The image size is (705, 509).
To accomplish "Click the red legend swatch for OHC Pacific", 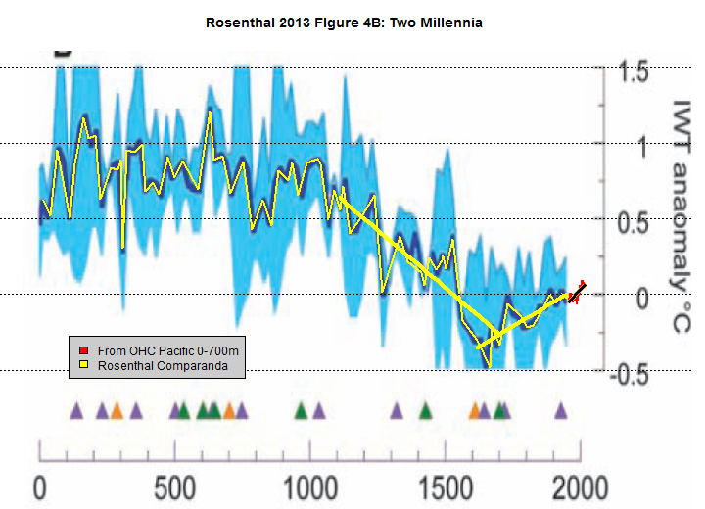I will (x=85, y=349).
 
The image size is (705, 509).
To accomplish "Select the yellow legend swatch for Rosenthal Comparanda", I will (x=85, y=366).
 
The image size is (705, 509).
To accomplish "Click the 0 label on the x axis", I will (x=40, y=486).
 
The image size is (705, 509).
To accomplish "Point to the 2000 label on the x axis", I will (x=580, y=486).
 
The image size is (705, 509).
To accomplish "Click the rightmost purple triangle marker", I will (x=561, y=411).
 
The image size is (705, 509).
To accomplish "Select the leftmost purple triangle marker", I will (x=76, y=411).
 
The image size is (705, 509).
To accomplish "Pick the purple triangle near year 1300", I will (x=397, y=411).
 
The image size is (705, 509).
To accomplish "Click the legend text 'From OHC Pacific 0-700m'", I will (x=163, y=349).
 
